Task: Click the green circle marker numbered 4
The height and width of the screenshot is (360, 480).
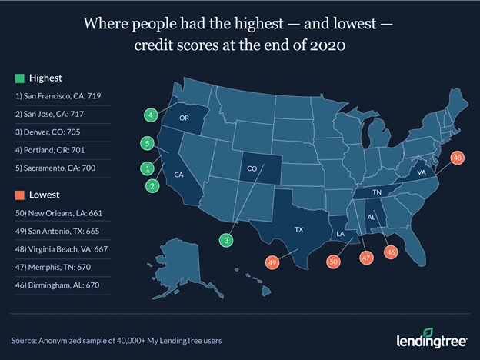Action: point(152,115)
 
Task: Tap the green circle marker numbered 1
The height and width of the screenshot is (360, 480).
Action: point(146,168)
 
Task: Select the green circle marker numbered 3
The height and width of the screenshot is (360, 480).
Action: point(225,241)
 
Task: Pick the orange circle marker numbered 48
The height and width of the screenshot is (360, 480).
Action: point(457,158)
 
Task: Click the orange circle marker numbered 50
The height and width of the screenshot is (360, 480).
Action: point(333,262)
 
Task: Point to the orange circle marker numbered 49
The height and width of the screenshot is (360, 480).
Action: point(272,262)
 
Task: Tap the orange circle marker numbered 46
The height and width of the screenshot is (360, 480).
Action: point(391,252)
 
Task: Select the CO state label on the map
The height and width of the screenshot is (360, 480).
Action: point(252,168)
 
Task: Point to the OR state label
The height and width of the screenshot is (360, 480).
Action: point(185,119)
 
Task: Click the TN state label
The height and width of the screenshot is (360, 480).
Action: point(378,192)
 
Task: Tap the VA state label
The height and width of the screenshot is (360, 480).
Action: point(422,173)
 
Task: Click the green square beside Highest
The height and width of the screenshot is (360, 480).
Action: point(19,78)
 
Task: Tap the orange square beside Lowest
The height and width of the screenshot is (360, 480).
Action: point(19,195)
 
